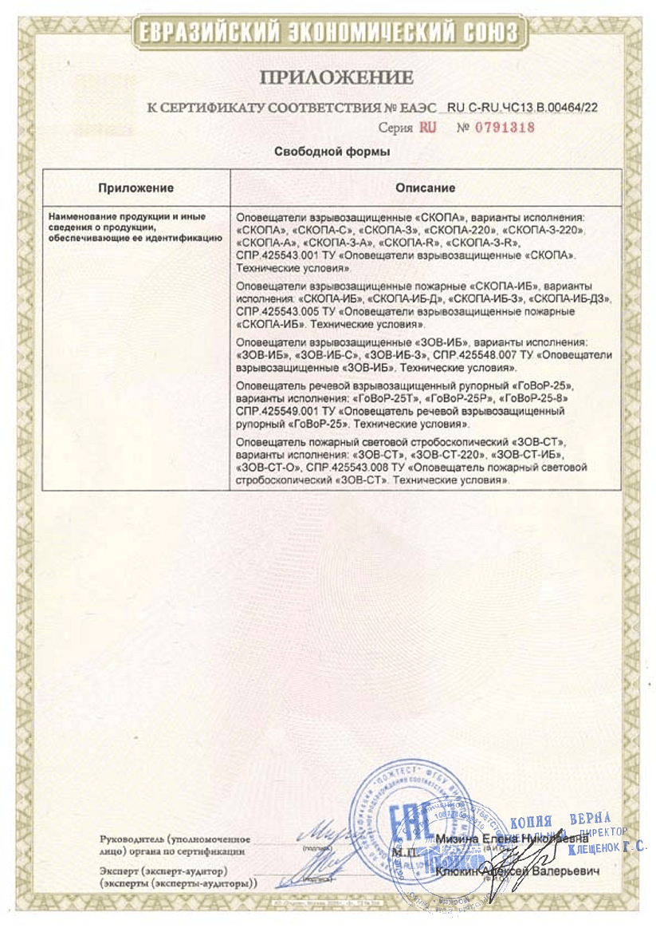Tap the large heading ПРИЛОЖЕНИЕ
(x=336, y=77)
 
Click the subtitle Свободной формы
(x=332, y=152)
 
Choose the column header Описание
(x=426, y=188)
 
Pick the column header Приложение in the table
(x=136, y=188)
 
